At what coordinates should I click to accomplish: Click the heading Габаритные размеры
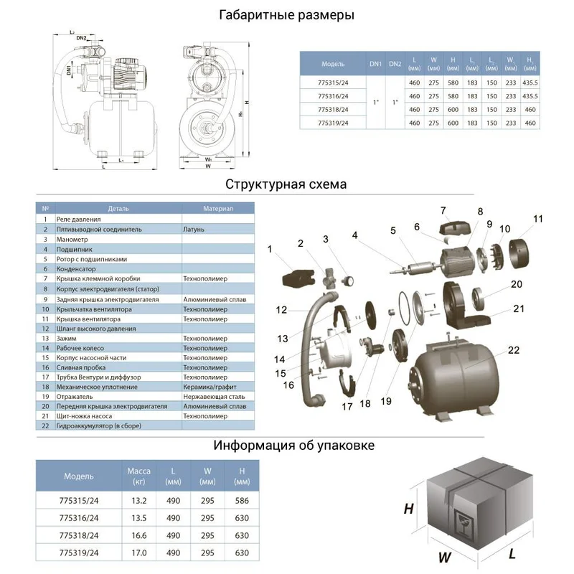point(286,15)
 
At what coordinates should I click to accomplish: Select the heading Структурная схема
point(286,184)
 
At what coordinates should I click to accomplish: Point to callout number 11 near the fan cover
point(538,218)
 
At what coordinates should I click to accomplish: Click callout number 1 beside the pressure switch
point(270,249)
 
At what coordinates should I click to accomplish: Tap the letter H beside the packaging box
point(408,509)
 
